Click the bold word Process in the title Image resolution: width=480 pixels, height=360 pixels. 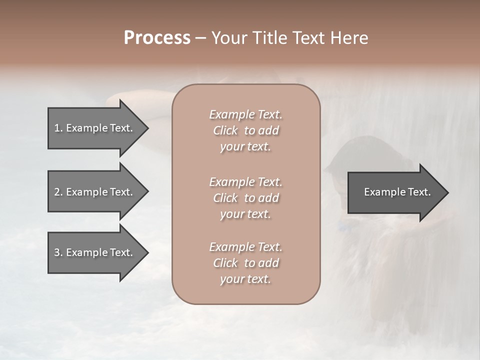point(157,38)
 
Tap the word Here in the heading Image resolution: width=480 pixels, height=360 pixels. point(349,38)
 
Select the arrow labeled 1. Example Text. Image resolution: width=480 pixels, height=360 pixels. point(95,128)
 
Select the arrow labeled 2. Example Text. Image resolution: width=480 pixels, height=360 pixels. point(95,192)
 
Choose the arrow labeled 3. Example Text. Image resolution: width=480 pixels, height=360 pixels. point(95,252)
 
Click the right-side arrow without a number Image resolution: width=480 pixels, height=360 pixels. point(395,192)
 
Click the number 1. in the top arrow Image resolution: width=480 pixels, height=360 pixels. point(58,128)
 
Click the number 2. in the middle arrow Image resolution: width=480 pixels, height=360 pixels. point(58,192)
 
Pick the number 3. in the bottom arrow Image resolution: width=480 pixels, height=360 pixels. point(58,252)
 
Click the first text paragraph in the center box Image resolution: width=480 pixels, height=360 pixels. point(245,130)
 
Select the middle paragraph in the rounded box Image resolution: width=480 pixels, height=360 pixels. point(245,198)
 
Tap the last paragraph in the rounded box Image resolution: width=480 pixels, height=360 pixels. point(245,263)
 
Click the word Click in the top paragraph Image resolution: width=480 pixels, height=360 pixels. point(225,130)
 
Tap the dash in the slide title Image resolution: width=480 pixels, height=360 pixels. point(201,38)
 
